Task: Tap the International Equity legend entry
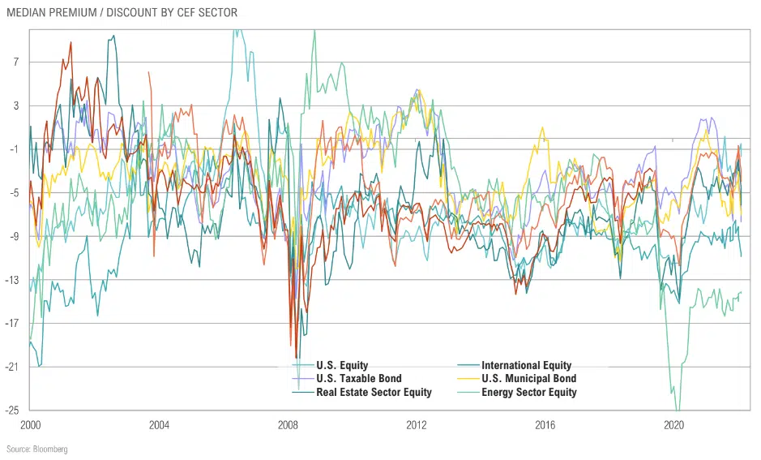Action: coord(526,365)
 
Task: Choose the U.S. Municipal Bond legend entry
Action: coord(528,378)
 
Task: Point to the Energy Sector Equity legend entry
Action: coord(528,392)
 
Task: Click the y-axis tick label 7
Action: coord(15,62)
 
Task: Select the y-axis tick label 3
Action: coord(15,105)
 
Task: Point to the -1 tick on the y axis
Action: coord(14,149)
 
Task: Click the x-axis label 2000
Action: coord(31,424)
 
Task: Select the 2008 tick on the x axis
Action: coord(288,424)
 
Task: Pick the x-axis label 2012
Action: coord(417,424)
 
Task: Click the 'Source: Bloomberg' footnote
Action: coord(37,449)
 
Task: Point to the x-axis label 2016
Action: coord(545,424)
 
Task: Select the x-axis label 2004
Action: coord(159,424)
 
